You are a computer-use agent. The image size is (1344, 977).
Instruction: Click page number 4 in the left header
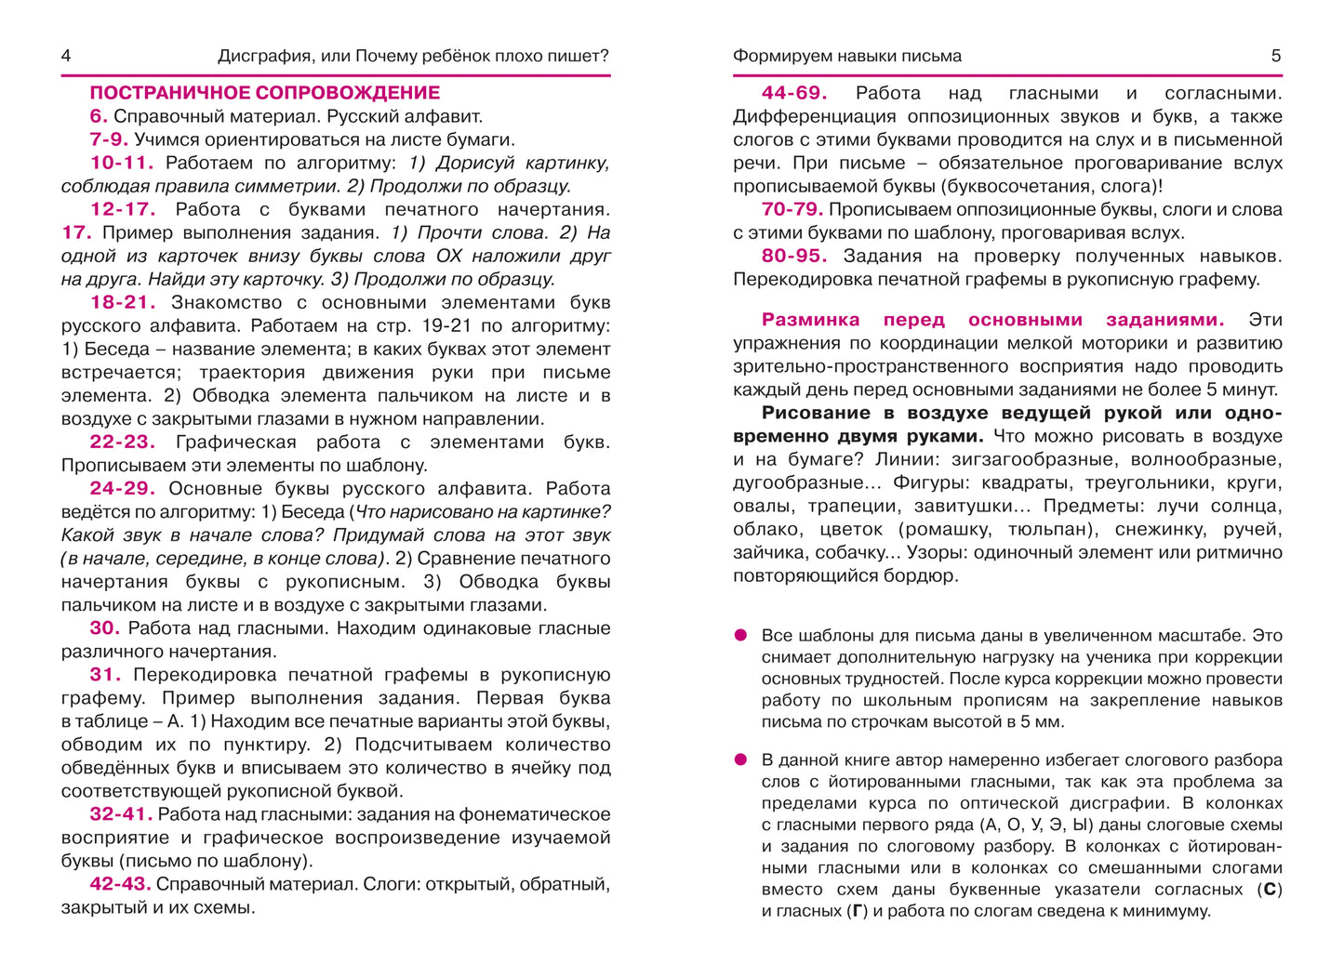point(66,56)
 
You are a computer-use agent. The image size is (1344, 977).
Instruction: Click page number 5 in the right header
point(1276,56)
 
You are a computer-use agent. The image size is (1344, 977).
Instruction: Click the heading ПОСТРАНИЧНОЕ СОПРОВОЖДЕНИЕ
point(264,93)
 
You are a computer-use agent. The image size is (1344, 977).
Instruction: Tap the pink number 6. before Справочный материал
point(99,116)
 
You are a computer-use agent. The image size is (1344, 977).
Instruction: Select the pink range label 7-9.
point(108,139)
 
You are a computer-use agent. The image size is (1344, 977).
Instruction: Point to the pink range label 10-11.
point(122,163)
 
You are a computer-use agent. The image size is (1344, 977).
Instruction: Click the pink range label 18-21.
point(122,302)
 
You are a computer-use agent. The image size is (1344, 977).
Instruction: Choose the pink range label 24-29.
point(122,488)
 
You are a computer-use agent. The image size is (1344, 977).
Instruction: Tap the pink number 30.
point(105,627)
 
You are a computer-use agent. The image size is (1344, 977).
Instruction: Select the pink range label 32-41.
point(121,814)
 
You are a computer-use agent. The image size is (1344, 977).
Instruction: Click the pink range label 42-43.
point(121,884)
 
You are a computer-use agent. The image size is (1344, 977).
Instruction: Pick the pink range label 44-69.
point(793,93)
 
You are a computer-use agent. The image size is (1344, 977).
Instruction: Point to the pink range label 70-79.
point(792,209)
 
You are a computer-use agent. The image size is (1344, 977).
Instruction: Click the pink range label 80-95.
point(793,256)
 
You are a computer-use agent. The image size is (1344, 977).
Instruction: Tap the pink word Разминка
point(810,320)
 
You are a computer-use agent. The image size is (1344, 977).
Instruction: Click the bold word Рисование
point(816,413)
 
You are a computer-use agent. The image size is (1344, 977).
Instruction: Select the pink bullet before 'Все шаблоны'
point(741,635)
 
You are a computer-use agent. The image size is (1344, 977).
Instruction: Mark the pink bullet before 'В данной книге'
point(741,759)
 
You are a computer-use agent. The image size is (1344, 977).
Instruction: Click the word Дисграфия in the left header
point(263,56)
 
